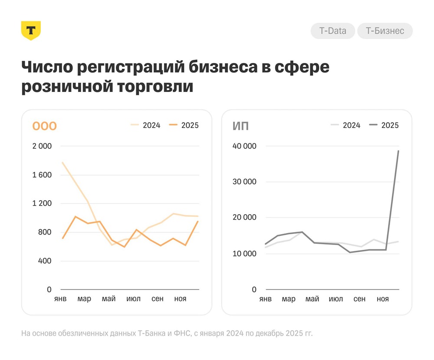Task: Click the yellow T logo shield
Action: (x=31, y=30)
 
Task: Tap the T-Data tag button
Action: (x=332, y=31)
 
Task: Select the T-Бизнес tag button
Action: (x=385, y=31)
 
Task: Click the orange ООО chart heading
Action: (x=44, y=126)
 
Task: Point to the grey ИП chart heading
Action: (x=240, y=126)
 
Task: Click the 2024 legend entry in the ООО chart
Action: (x=146, y=125)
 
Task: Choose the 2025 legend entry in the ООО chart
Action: (x=184, y=125)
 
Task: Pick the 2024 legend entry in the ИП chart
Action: (x=345, y=125)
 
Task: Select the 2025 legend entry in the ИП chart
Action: (x=384, y=125)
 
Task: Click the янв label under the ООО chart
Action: (x=60, y=299)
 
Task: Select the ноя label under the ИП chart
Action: (x=382, y=299)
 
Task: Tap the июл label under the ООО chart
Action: (x=133, y=299)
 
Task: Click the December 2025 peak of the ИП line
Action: (x=398, y=151)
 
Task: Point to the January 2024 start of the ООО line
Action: (x=62, y=163)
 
